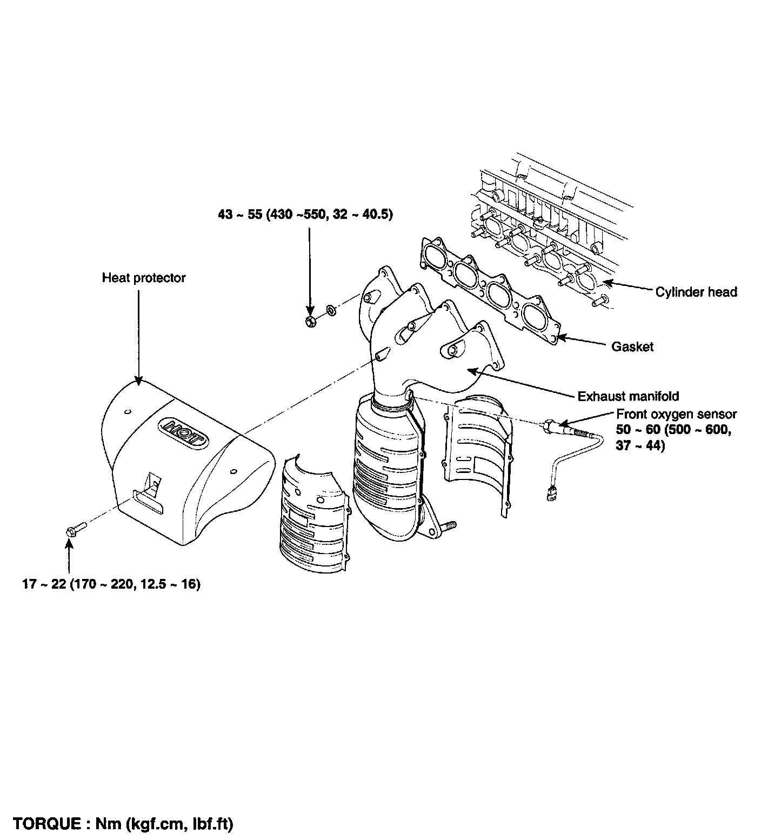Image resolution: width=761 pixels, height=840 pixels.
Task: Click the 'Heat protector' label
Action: [x=143, y=278]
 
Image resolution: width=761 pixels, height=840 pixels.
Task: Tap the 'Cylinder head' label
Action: [x=696, y=292]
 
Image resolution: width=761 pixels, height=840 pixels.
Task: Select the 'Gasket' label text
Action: [x=632, y=346]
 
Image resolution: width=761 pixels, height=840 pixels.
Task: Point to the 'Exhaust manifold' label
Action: [x=628, y=396]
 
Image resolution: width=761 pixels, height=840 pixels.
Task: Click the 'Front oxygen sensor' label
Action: [x=676, y=414]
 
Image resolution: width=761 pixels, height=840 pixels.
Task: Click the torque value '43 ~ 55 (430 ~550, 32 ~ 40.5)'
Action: [x=305, y=215]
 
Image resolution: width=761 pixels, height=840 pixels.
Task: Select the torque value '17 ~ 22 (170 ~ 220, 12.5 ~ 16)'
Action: [x=111, y=584]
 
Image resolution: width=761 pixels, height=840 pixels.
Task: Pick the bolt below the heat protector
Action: [x=75, y=529]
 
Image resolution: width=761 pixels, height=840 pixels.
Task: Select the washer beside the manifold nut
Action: [x=331, y=311]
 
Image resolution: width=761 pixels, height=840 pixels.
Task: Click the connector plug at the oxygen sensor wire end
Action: [x=551, y=492]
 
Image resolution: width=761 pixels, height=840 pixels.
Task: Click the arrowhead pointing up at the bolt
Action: [x=69, y=542]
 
